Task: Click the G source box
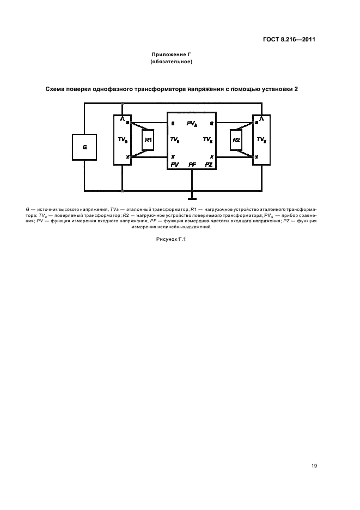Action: click(84, 147)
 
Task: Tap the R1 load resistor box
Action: click(148, 140)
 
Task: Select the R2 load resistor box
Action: click(236, 140)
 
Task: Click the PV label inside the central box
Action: click(174, 164)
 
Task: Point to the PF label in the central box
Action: click(192, 164)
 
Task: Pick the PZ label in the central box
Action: click(209, 164)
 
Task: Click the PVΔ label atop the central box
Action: click(191, 124)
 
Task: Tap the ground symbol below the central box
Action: click(192, 195)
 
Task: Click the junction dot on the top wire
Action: click(122, 104)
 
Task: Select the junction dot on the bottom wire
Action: click(122, 191)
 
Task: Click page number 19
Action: click(315, 466)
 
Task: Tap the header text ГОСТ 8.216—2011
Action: click(289, 39)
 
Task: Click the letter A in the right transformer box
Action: click(262, 118)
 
